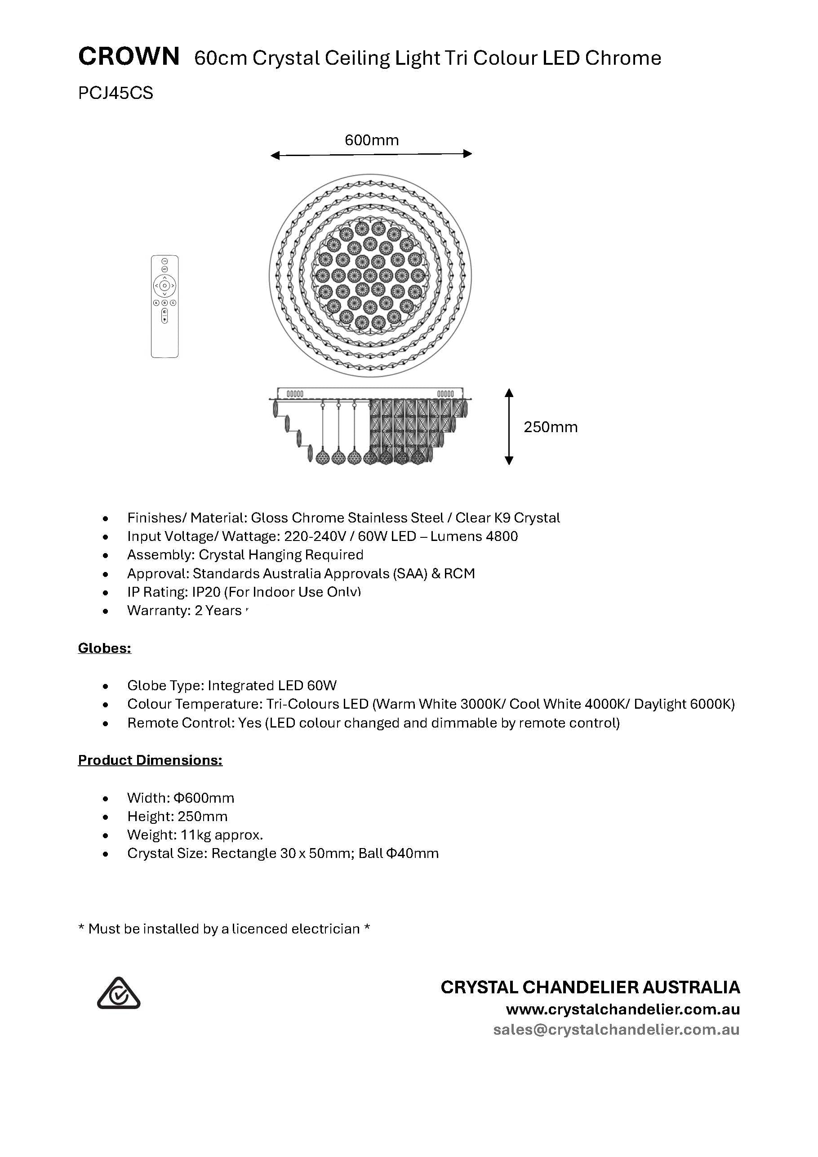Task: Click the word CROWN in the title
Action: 129,57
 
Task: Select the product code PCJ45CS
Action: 116,93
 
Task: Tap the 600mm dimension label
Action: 371,140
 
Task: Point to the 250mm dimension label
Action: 551,427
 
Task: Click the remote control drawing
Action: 164,306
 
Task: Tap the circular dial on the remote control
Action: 164,286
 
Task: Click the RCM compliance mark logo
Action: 118,993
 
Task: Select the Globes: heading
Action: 105,648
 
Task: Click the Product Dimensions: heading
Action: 150,760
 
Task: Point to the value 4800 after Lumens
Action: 502,536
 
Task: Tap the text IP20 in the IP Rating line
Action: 206,592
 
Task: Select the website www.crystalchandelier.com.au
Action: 622,1010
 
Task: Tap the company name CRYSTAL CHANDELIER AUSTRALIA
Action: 590,987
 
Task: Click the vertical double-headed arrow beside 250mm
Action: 509,427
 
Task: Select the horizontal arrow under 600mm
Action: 371,155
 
